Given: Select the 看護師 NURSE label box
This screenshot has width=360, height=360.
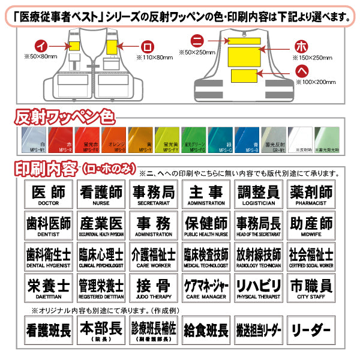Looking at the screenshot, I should coord(101,194).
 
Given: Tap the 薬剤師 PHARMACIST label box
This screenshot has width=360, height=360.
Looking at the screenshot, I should coord(310,194).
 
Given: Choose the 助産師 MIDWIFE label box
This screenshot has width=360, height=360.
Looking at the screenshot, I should coord(310,225).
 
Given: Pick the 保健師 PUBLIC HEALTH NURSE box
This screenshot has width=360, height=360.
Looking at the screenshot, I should coord(205,225).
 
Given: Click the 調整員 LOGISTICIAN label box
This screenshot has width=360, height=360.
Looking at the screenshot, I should coord(258,194).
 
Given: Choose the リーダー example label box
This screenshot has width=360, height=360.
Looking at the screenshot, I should coord(310,330).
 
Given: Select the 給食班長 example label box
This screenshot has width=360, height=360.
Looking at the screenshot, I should coord(205,330).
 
